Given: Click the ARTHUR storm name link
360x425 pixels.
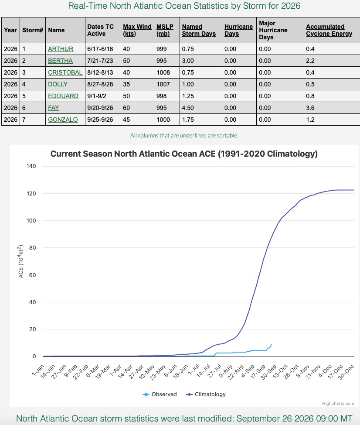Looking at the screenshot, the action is (61, 49).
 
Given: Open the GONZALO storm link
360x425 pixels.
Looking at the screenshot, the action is (63, 120).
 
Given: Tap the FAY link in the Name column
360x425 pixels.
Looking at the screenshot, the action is (53, 108).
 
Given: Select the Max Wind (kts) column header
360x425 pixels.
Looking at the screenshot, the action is (137, 30).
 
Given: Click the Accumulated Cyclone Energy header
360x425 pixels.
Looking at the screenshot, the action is (329, 30).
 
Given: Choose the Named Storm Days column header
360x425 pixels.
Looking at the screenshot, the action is (199, 30).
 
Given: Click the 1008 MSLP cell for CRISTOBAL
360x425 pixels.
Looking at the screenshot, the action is (163, 72).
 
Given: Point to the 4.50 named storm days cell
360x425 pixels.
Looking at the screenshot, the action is (188, 108).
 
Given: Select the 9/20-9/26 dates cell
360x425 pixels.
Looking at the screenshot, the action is (100, 108).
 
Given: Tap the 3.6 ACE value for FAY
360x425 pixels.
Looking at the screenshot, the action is (310, 108).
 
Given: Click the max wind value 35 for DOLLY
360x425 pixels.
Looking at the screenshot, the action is (126, 84).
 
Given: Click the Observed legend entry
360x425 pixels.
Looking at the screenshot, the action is (160, 394).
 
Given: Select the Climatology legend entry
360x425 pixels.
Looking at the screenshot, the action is (206, 394).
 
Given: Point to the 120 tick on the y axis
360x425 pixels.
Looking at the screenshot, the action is (31, 194).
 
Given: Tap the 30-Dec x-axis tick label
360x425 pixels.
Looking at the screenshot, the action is (346, 372).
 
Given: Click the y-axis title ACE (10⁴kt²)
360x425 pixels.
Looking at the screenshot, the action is (21, 261).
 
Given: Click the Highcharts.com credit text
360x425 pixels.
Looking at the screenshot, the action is (338, 404).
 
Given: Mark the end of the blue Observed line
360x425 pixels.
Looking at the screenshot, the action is (271, 344).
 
